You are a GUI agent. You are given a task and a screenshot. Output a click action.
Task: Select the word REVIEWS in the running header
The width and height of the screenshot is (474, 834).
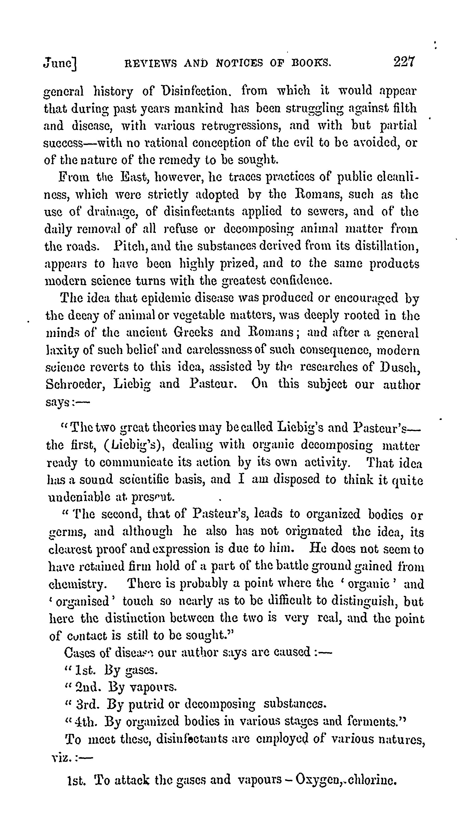tap(151, 62)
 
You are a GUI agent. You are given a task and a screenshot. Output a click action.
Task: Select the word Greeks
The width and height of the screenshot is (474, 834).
tap(193, 332)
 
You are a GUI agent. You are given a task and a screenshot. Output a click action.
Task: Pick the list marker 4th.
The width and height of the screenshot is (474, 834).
tap(86, 722)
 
